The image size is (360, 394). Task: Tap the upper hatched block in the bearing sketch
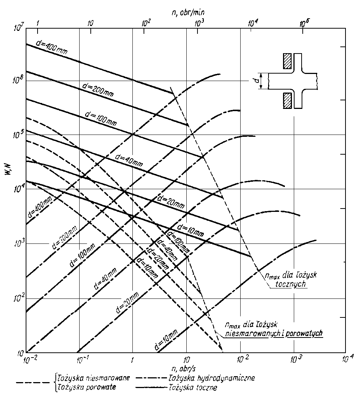[x=287, y=61]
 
